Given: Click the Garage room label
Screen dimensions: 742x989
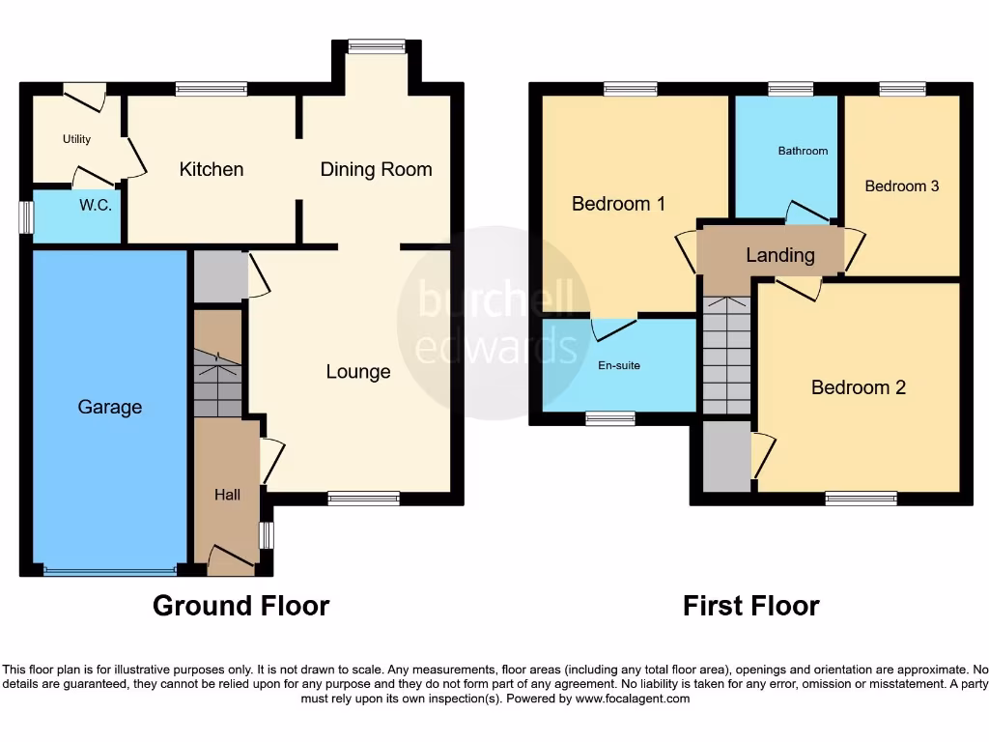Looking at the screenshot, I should coord(109,408).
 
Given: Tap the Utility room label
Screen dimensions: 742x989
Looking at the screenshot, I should coord(76,139).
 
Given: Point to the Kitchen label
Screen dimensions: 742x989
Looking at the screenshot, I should coord(212,169).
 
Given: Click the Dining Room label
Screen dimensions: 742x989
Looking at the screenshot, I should coord(376,169).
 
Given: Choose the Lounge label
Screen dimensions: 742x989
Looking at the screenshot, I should coord(358,372).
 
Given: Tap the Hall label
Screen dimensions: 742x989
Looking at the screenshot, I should coord(227,495).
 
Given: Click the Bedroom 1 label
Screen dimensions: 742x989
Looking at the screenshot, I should coord(618,204).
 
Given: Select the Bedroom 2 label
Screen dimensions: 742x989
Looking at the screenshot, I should coord(858,387).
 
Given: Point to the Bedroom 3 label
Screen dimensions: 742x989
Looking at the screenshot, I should coord(901,185).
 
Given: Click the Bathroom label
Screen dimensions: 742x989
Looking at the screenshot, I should coord(803,151).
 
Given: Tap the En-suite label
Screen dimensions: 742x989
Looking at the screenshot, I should coord(618,365).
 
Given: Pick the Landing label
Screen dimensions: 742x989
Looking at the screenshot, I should coord(779,255).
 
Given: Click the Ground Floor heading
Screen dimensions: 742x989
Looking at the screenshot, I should coord(240,606).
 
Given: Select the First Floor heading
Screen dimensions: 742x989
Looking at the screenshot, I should coord(750,606).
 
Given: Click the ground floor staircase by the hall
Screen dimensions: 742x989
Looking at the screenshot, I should coord(217,384).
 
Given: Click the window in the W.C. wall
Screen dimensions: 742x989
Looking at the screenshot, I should coord(26,216).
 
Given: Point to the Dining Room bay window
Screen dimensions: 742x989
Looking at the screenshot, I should coord(377,45).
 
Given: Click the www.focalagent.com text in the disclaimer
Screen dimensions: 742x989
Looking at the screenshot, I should coord(633,699).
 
